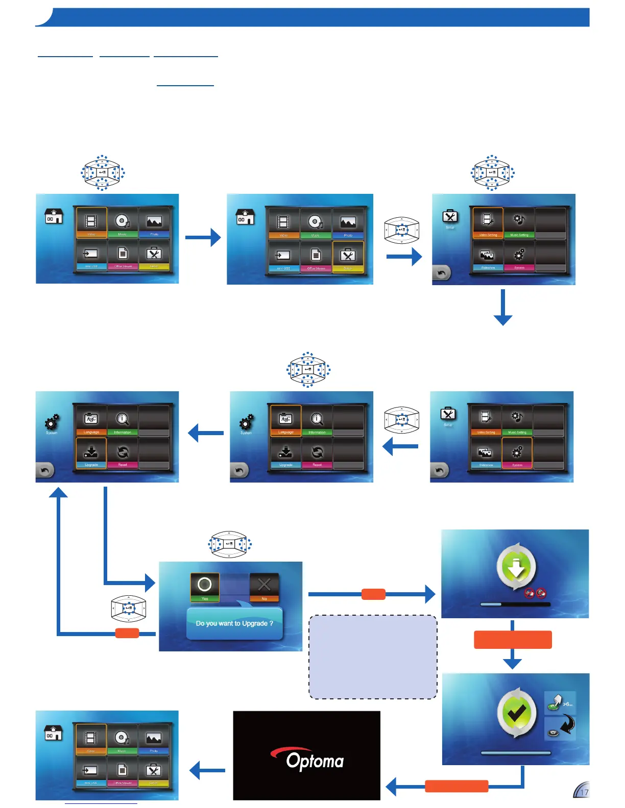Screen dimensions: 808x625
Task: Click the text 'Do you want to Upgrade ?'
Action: [234, 623]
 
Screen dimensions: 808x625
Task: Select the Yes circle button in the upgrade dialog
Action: [205, 585]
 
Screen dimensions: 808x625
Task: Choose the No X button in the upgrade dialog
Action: [264, 585]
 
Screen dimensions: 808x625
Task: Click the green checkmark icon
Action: [516, 713]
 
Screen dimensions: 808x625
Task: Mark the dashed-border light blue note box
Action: [373, 657]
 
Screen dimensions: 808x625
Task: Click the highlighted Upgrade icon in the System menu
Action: [91, 452]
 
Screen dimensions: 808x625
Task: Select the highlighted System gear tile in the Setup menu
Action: [517, 452]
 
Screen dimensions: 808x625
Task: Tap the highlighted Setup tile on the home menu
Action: [348, 256]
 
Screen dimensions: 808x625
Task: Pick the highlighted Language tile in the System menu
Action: [286, 420]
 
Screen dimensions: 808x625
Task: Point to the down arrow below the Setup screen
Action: [503, 308]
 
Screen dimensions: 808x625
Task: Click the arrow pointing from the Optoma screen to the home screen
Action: [207, 770]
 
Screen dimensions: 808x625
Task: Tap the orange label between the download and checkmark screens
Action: [513, 640]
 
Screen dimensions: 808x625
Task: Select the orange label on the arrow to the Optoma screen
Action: [456, 786]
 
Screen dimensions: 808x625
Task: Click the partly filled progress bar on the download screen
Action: [515, 604]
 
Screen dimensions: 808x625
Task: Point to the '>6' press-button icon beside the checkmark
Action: [560, 703]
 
